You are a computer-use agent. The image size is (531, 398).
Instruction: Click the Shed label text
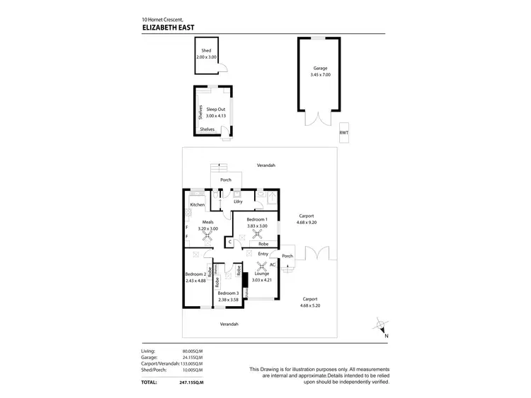click(206, 51)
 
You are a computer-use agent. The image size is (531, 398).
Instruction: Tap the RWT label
click(343, 132)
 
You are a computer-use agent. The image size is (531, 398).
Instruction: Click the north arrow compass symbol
click(382, 326)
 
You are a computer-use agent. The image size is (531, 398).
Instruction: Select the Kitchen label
click(197, 205)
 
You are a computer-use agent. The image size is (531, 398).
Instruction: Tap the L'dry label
click(239, 202)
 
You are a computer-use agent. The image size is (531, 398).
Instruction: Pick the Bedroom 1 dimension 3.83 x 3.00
click(256, 226)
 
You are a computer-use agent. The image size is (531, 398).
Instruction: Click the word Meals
click(207, 222)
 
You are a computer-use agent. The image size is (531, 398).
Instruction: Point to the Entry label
click(263, 253)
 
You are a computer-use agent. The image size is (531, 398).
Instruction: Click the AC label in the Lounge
click(272, 264)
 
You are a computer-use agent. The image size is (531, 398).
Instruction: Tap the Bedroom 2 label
click(195, 274)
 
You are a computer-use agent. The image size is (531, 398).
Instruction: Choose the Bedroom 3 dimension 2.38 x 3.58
click(229, 299)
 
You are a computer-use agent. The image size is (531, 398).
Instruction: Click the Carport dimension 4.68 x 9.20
click(307, 222)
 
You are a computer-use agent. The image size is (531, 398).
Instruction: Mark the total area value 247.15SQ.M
click(193, 382)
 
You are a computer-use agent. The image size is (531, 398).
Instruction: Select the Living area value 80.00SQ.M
click(193, 351)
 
